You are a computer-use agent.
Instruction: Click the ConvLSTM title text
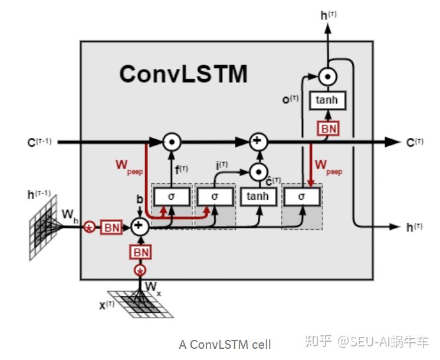[183, 75]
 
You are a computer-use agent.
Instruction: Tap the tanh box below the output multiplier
[326, 100]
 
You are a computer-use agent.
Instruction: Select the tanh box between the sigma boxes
[258, 196]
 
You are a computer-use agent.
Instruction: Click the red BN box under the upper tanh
[326, 127]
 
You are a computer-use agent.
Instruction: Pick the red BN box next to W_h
[112, 227]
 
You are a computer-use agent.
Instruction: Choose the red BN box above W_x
[140, 252]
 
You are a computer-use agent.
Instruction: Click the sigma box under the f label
[172, 196]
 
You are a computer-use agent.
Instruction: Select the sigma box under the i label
[214, 196]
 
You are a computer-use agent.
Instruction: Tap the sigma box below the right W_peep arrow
[301, 196]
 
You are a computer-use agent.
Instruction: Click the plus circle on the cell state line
[257, 141]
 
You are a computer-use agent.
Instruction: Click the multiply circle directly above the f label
[172, 141]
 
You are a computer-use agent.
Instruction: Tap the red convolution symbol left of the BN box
[90, 227]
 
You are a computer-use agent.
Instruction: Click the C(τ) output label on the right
[415, 142]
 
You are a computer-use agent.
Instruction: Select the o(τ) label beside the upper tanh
[291, 100]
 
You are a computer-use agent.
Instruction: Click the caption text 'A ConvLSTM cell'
[225, 344]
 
